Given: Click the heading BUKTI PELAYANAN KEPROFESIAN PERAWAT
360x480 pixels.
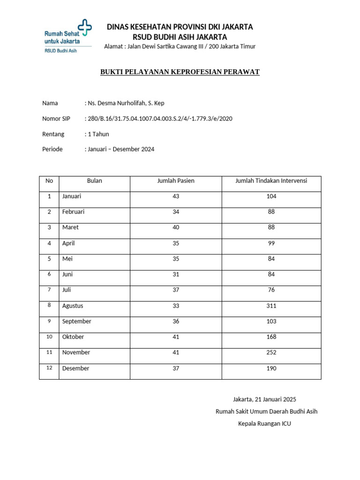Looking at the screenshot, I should tap(180, 72).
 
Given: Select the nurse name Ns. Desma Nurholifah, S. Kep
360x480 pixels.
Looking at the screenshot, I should tap(125, 103).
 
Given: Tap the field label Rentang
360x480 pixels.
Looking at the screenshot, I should tap(53, 134).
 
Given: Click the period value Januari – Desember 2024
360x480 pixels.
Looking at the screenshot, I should tap(120, 150).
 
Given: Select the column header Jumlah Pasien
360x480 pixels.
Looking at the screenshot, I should tap(176, 181).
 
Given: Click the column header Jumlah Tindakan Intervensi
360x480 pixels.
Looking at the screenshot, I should tap(271, 181).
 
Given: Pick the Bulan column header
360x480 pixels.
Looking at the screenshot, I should tap(94, 181).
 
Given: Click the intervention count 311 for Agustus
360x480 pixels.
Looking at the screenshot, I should tap(271, 306).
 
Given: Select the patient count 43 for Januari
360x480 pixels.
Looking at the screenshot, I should tap(176, 196).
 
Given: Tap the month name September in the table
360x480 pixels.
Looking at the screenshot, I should tap(77, 322).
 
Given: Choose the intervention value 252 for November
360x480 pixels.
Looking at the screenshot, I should tap(271, 352).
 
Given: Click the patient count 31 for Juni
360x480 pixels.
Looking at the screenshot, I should tap(176, 275).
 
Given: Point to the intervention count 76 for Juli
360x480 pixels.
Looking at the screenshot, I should tap(271, 290).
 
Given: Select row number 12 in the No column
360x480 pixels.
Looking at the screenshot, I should tap(49, 368).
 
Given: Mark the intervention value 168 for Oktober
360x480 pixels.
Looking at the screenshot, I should tap(271, 337).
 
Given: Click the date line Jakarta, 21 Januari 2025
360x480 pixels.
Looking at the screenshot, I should tap(264, 399).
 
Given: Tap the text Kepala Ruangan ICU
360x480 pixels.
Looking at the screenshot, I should tap(264, 424).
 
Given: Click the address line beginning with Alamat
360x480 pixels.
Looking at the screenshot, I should tap(180, 46).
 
